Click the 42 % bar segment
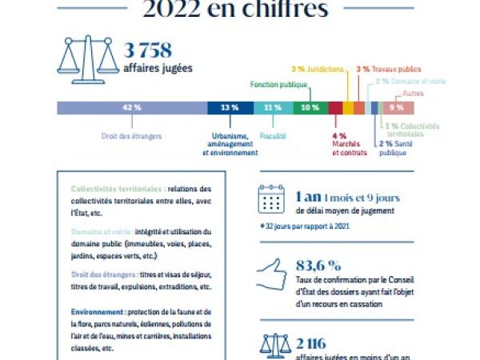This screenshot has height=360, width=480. pos(131,107)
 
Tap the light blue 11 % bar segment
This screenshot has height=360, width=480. pos(273,107)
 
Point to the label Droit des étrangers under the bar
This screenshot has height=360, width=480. pos(132,137)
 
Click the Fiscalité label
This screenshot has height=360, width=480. pos(273,137)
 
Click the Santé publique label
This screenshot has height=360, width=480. pos(393,148)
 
